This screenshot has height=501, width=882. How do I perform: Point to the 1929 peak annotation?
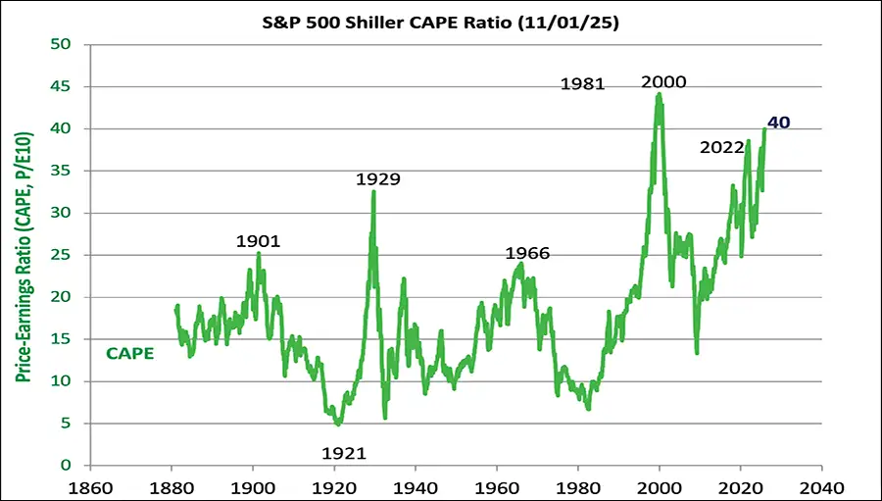click(x=378, y=179)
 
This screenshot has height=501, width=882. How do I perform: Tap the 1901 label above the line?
click(x=259, y=241)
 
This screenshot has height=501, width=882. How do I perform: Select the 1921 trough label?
click(x=344, y=453)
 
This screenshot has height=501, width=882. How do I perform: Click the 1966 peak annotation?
click(x=527, y=254)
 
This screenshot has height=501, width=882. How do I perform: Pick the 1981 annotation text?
click(x=583, y=84)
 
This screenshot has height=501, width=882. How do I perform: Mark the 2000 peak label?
click(x=663, y=82)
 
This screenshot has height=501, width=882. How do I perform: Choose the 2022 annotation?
click(x=723, y=148)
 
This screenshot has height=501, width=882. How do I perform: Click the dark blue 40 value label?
click(x=779, y=123)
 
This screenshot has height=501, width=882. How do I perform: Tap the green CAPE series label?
click(x=129, y=353)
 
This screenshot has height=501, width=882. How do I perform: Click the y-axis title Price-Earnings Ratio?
click(x=22, y=255)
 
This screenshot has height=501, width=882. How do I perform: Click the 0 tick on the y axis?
click(x=66, y=466)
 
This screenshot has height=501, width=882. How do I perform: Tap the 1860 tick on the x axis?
click(x=91, y=486)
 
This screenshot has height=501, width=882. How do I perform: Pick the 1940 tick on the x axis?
click(x=416, y=486)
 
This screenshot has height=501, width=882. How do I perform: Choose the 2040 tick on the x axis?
click(x=821, y=486)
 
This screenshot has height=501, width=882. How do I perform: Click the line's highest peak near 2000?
click(x=659, y=94)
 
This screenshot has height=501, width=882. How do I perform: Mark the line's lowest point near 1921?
click(x=338, y=425)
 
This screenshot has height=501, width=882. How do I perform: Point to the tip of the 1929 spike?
click(x=373, y=191)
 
